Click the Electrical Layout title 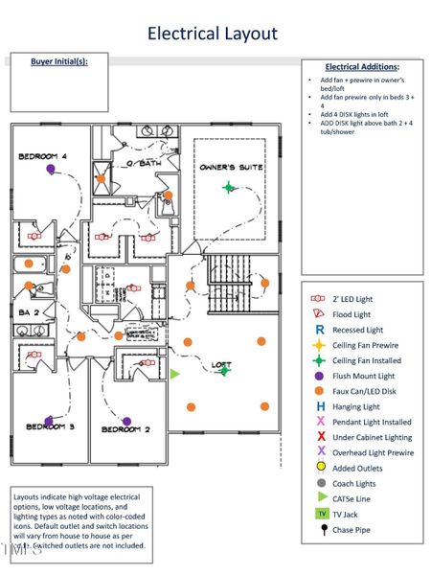212,34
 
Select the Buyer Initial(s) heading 58,61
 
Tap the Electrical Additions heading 361,67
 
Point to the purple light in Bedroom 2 126,420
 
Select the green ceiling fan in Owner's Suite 228,187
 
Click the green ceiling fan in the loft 224,370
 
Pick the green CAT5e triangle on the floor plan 174,374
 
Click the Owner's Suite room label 231,168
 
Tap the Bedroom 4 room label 42,155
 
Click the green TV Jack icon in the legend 321,514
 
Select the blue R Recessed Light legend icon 320,329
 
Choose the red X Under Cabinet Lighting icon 320,436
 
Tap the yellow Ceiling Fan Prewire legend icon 320,345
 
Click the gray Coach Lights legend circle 321,483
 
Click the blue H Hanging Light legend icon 320,406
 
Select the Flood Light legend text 351,314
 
